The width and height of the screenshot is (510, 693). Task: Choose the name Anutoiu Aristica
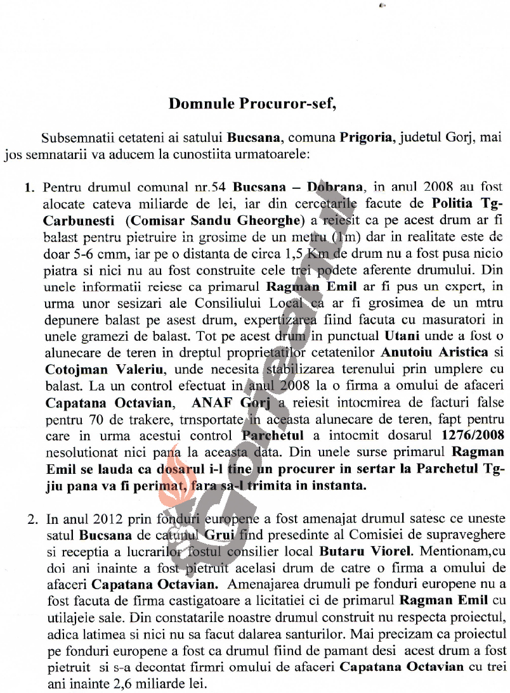coord(434,351)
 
